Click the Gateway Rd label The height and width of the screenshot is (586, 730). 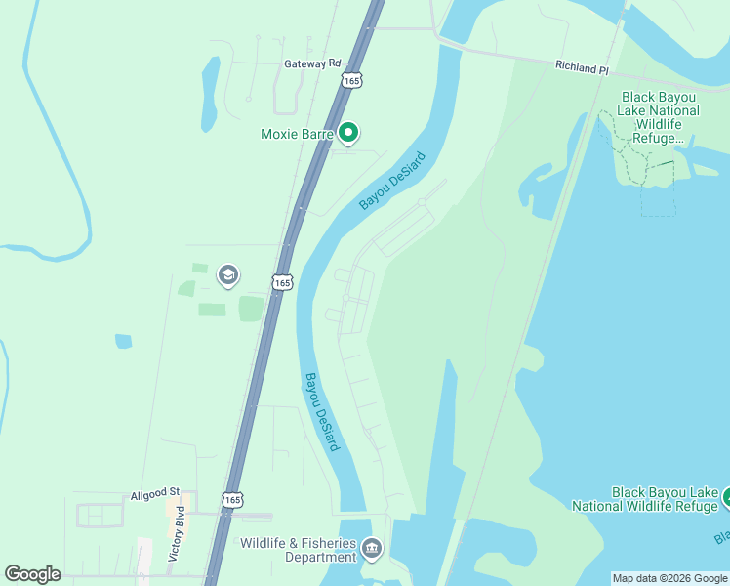tap(312, 63)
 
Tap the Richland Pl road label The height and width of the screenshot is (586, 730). tap(582, 68)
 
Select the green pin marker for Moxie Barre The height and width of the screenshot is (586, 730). tap(349, 133)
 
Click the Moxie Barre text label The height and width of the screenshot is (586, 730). tap(297, 134)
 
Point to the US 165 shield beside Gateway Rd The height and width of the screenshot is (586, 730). tap(351, 81)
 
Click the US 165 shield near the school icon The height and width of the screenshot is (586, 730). tap(282, 282)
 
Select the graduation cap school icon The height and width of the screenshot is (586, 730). tap(228, 275)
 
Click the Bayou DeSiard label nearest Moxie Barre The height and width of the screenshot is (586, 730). tap(393, 181)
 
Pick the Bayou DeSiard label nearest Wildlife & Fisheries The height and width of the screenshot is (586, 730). tap(321, 411)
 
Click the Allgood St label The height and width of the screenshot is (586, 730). tap(156, 496)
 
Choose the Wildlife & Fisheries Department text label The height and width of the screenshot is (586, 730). tap(299, 550)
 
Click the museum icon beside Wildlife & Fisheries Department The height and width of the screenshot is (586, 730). tap(372, 549)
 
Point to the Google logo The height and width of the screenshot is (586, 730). tap(33, 573)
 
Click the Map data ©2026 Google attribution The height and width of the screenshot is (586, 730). tap(669, 578)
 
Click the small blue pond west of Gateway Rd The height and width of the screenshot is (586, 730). tap(211, 81)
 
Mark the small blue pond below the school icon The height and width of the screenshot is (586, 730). tap(123, 341)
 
